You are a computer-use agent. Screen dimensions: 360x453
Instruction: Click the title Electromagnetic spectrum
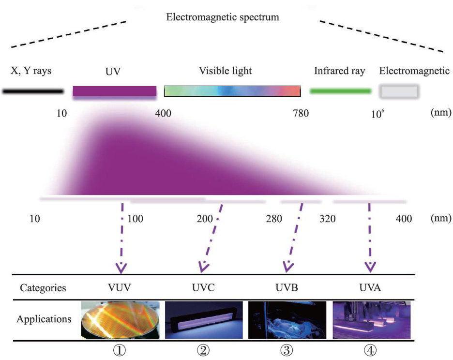pos(222,17)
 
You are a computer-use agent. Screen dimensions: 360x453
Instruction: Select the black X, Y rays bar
pos(32,90)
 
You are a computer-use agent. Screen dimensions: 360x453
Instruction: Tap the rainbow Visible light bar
pos(232,91)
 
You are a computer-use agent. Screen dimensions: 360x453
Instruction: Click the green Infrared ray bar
pos(340,91)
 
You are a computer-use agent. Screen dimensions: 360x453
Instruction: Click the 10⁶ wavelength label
pos(377,114)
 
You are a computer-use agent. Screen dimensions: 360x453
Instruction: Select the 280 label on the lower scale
pos(273,219)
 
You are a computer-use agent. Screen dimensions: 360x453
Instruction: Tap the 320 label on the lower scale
pos(327,219)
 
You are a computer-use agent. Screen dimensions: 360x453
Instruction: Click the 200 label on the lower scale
pos(205,219)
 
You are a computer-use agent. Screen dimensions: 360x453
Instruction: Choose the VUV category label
pos(120,287)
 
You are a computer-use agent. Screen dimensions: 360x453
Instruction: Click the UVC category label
pos(204,287)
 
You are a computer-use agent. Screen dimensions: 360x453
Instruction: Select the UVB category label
pos(288,287)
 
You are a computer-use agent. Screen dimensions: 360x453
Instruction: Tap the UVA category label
pos(370,287)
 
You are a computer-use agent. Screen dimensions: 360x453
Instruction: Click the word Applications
pos(44,319)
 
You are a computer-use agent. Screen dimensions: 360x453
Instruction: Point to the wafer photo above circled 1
pos(120,320)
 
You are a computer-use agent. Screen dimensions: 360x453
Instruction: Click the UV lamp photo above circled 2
pos(204,320)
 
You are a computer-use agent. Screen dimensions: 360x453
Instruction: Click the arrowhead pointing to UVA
pos(370,267)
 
